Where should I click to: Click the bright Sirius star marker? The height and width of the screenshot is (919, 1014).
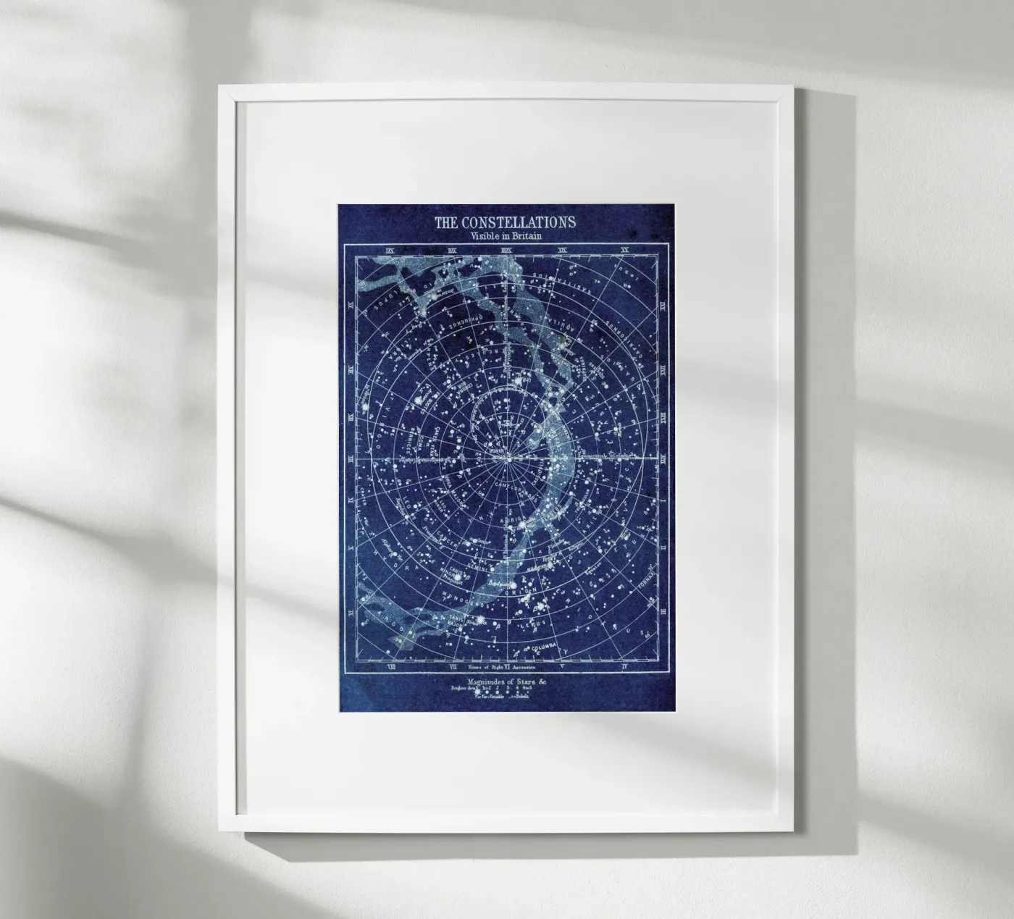click(479, 621)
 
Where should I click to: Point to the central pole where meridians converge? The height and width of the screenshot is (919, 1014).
click(509, 459)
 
